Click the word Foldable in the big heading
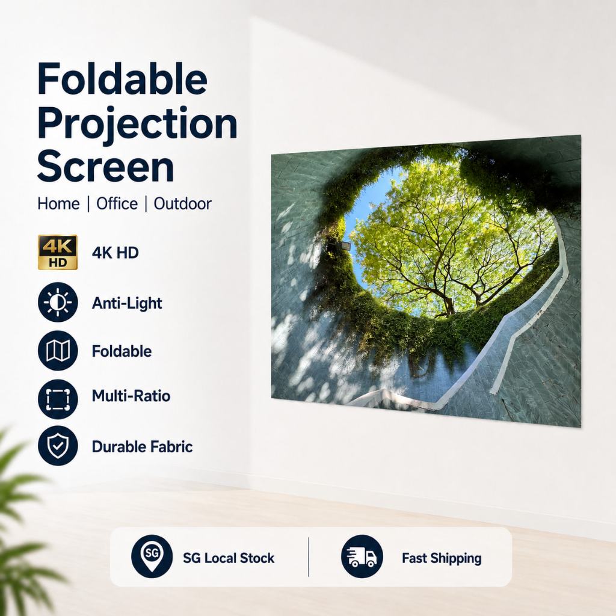[122, 78]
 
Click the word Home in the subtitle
[58, 204]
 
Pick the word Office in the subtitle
[117, 204]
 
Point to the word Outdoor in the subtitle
[182, 204]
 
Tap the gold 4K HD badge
[57, 253]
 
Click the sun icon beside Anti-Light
[58, 302]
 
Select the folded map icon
[58, 351]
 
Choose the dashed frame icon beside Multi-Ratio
[58, 399]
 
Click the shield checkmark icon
[58, 446]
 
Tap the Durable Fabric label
[142, 447]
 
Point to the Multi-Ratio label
[131, 396]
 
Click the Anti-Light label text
[127, 303]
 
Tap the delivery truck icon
[362, 556]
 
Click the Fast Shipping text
[442, 558]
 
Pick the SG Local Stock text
[229, 558]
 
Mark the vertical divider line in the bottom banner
[309, 557]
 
